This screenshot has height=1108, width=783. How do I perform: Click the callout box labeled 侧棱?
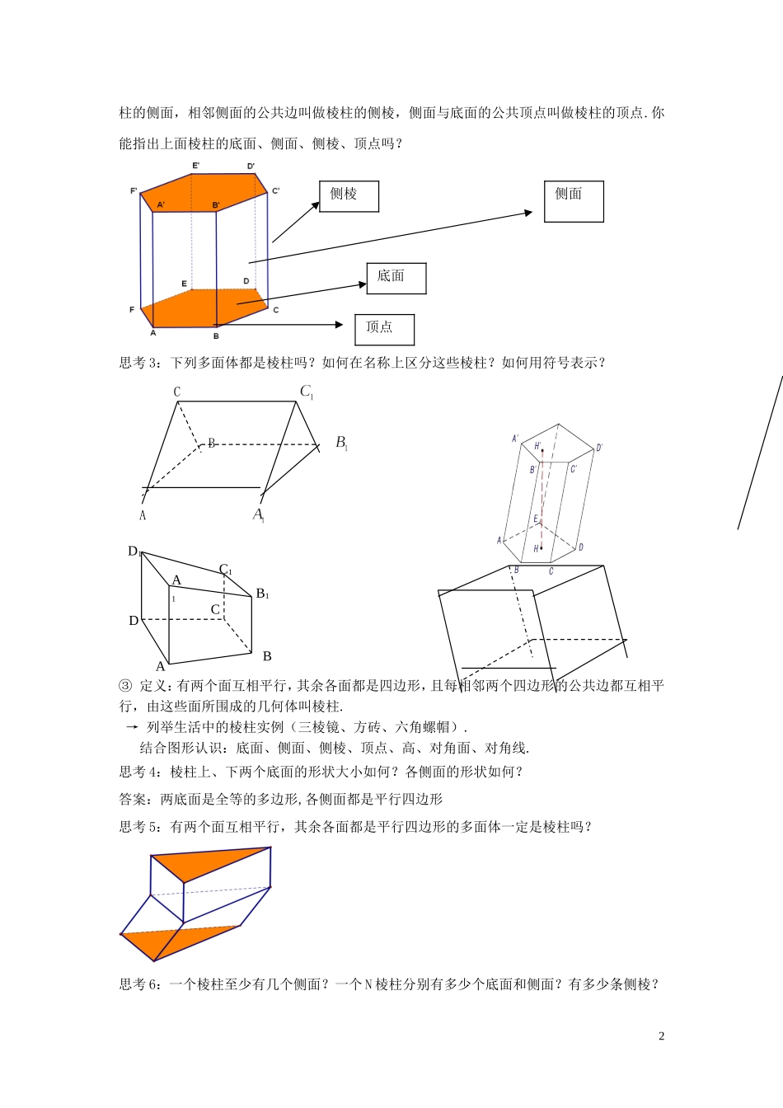(x=349, y=196)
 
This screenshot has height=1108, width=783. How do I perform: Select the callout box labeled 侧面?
(x=574, y=201)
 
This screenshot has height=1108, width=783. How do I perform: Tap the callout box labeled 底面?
(x=396, y=278)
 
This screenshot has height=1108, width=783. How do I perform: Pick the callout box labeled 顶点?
(x=384, y=329)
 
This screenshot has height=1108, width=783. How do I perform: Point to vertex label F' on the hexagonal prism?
(x=134, y=191)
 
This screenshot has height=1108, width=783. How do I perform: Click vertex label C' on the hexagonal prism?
(x=276, y=191)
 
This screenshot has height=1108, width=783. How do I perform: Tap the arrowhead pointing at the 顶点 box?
(x=338, y=325)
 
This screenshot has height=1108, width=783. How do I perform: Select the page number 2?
(x=661, y=1036)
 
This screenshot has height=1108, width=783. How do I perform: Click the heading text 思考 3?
(x=137, y=363)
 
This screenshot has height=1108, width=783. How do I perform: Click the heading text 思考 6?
(x=137, y=984)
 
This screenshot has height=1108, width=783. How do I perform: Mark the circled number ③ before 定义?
(x=125, y=686)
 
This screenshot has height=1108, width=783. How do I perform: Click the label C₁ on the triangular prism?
(x=306, y=392)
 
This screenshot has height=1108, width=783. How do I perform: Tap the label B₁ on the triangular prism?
(x=341, y=443)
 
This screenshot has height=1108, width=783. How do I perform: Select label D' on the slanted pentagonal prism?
(x=599, y=448)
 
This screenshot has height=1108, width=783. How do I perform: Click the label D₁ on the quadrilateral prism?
(x=134, y=552)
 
